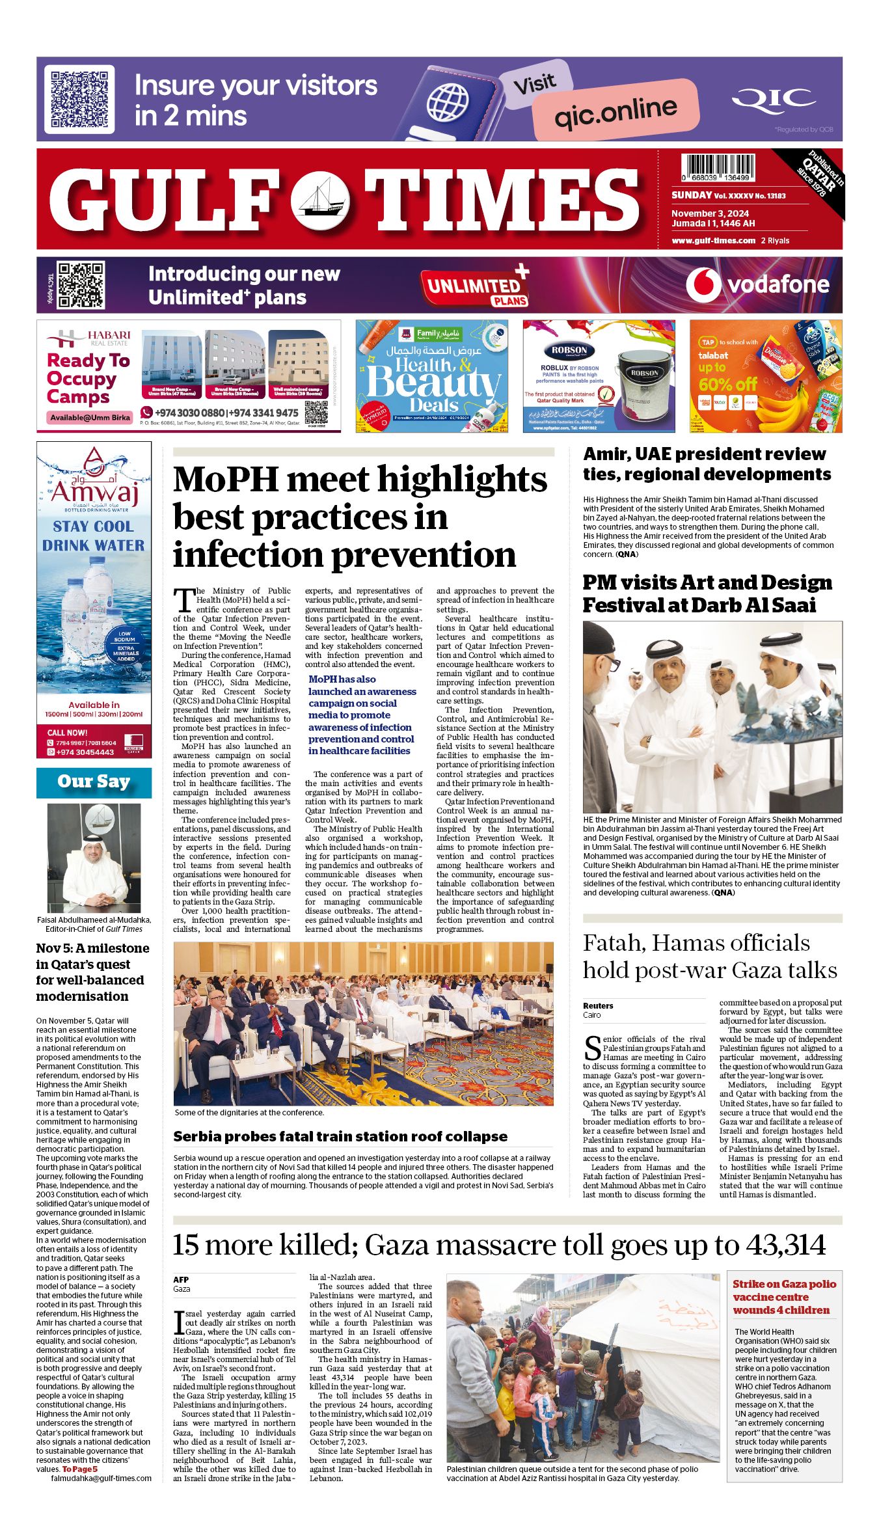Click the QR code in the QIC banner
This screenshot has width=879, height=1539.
click(79, 100)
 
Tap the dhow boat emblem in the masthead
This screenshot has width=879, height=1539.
click(320, 199)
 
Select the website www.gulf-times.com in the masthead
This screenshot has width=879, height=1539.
click(713, 241)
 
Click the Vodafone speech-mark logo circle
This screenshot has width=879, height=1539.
click(703, 284)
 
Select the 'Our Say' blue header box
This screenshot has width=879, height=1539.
click(94, 782)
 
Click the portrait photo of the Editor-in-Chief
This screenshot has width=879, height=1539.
click(94, 858)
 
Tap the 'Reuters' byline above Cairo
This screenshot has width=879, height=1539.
click(598, 1005)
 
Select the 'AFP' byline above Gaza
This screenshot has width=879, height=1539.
click(181, 1279)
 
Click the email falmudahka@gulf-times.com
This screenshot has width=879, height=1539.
click(101, 1478)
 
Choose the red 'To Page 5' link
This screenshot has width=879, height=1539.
click(79, 1469)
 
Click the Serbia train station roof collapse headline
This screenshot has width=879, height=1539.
click(340, 1136)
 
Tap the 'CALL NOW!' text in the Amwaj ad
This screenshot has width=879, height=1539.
click(68, 732)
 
